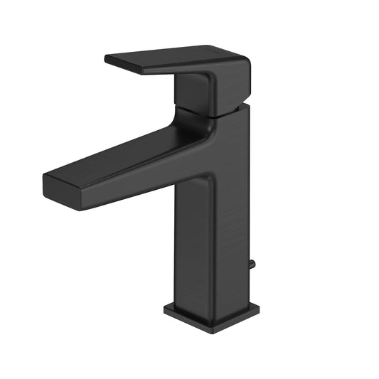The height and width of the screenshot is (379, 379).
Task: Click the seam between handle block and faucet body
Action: click(213, 113)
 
